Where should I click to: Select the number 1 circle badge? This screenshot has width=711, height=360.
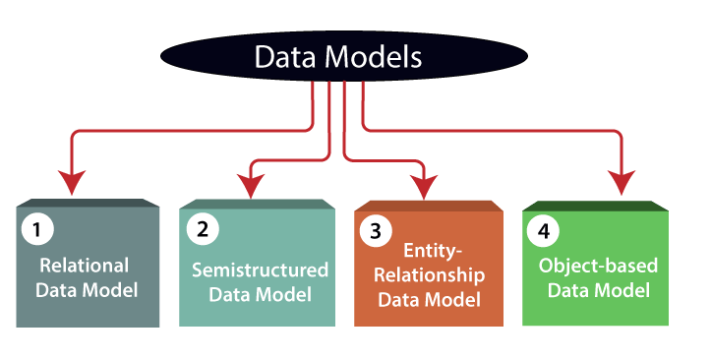(x=36, y=230)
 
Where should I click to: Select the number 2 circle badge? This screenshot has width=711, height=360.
(x=202, y=230)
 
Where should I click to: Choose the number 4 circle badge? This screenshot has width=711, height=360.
(x=543, y=231)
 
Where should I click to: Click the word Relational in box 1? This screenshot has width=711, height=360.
(x=84, y=265)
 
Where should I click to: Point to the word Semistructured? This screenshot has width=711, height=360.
(x=260, y=269)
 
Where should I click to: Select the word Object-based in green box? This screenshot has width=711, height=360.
(x=598, y=266)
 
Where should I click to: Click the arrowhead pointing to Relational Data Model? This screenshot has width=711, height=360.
(x=71, y=183)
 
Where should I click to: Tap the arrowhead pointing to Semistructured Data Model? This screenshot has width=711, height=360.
(x=251, y=183)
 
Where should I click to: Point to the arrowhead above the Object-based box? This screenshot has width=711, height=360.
(x=621, y=183)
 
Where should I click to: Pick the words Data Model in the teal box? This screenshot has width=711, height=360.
(x=260, y=293)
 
